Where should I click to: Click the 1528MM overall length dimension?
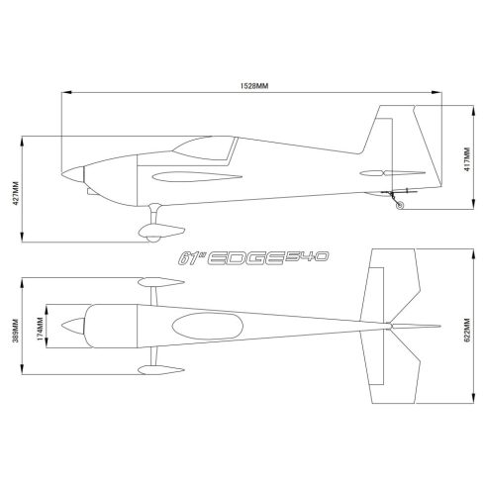click(255, 86)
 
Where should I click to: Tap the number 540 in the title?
click(307, 256)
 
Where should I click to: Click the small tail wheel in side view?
click(398, 205)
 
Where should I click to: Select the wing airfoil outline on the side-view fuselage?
click(193, 179)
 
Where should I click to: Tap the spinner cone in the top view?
click(70, 325)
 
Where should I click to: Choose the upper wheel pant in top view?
click(157, 281)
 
